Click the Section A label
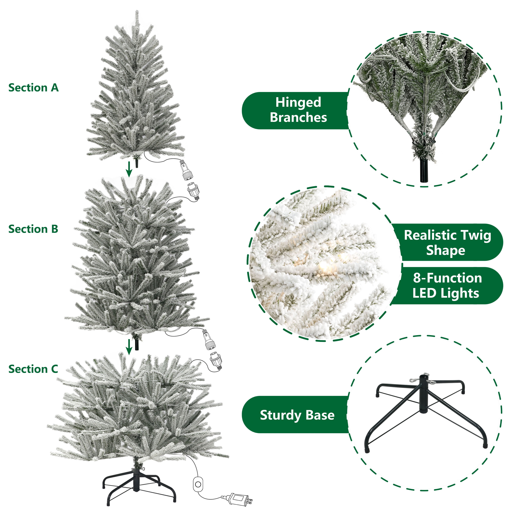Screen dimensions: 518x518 click(33, 88)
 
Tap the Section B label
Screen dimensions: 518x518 click(33, 229)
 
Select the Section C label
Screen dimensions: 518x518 click(33, 369)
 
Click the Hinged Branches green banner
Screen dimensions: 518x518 click(295, 111)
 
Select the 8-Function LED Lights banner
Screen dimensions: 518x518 click(447, 286)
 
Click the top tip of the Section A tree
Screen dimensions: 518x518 click(137, 11)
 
